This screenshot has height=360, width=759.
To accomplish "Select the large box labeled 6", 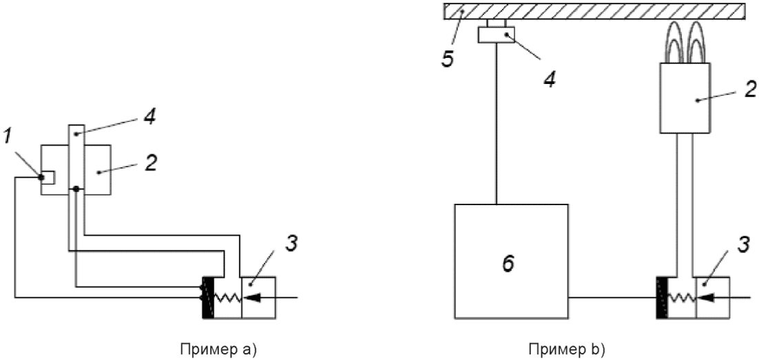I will point(510,261).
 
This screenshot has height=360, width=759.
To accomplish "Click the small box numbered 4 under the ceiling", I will point(497,35).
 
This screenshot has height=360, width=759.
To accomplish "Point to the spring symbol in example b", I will point(683,297).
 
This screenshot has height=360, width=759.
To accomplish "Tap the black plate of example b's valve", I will point(663,297).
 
